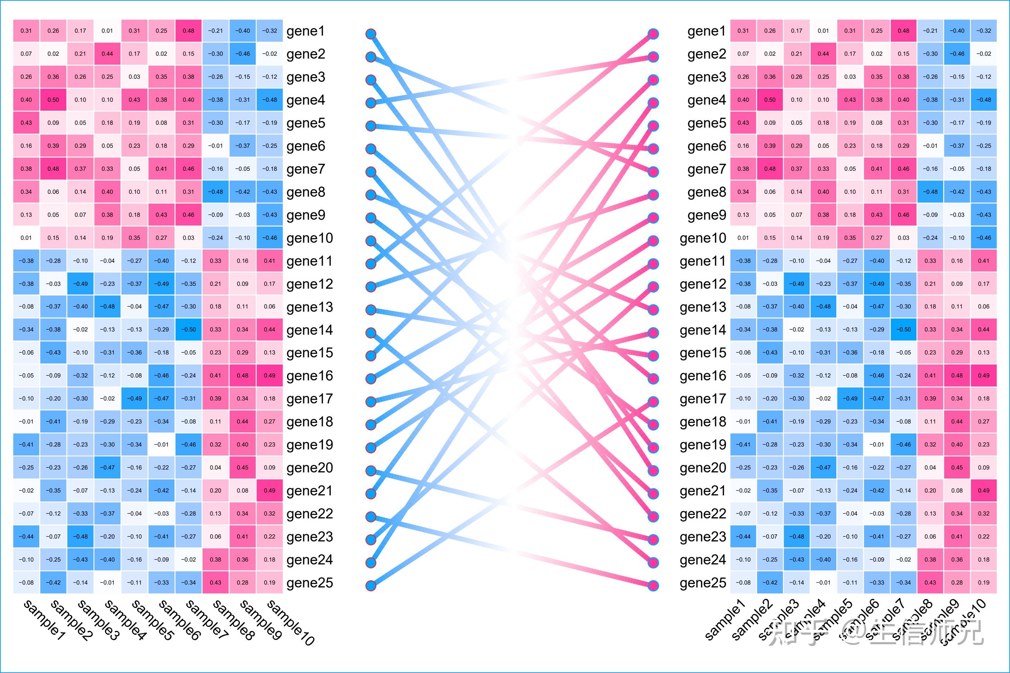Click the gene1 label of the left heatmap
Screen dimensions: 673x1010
305,31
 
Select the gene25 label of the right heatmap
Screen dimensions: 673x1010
702,583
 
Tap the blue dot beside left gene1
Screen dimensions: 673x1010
371,34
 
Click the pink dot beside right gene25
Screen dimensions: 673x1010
653,585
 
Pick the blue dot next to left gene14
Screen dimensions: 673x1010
371,333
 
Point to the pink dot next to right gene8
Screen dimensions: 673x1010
653,195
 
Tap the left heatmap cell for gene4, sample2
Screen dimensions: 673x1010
53,100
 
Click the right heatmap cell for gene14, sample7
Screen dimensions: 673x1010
904,330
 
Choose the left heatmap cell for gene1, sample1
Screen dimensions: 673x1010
26,31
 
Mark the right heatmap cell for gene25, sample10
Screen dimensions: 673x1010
983,582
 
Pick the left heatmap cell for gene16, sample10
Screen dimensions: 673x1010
270,376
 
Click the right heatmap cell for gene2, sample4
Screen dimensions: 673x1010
823,54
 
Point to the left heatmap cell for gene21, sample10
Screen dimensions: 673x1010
270,491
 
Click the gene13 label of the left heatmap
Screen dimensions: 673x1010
310,307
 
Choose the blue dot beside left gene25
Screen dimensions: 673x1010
371,585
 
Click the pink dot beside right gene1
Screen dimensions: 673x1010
653,34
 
